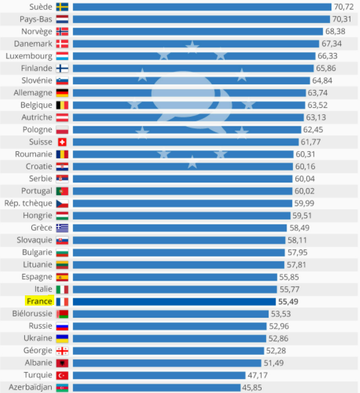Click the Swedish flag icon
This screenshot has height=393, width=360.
point(62,7)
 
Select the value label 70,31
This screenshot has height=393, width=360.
point(341,19)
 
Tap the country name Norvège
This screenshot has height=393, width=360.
point(37,32)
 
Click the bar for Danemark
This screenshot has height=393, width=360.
point(196,44)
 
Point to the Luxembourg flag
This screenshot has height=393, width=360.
point(62,56)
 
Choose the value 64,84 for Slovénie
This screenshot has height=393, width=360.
point(322,80)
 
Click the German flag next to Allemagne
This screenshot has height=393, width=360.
point(62,93)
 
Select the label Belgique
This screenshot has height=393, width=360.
point(36,105)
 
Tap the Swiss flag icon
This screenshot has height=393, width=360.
point(62,142)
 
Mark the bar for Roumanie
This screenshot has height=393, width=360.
point(183,154)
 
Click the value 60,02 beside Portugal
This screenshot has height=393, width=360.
point(304,191)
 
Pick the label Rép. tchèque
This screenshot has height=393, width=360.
point(28,204)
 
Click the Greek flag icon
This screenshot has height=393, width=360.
point(62,228)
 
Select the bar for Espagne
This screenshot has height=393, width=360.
point(175,277)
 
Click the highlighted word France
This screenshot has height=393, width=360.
point(40,301)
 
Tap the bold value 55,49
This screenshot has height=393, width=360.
point(289,302)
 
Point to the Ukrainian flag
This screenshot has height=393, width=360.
point(62,339)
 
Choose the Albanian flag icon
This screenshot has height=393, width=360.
point(62,363)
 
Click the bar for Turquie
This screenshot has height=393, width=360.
point(159,375)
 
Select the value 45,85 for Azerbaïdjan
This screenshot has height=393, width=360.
point(252,388)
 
